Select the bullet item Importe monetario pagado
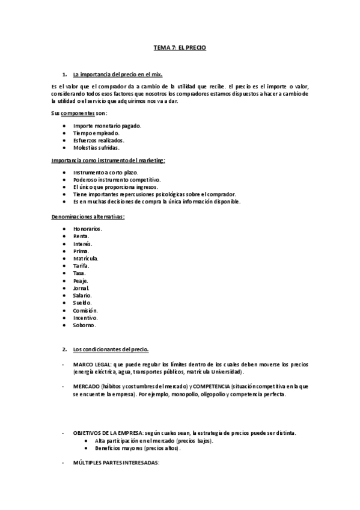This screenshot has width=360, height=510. (107, 125)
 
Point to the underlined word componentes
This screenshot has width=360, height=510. (78, 113)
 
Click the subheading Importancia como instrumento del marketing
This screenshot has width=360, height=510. (108, 161)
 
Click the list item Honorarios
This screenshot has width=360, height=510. (88, 229)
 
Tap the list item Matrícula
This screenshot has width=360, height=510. (86, 258)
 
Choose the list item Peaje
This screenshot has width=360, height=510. (81, 281)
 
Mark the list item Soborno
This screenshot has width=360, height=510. (84, 325)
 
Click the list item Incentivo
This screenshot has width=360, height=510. (85, 318)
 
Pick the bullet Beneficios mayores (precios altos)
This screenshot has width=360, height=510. (138, 449)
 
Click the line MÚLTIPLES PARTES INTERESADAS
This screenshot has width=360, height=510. (116, 462)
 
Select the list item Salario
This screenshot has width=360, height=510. (82, 295)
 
